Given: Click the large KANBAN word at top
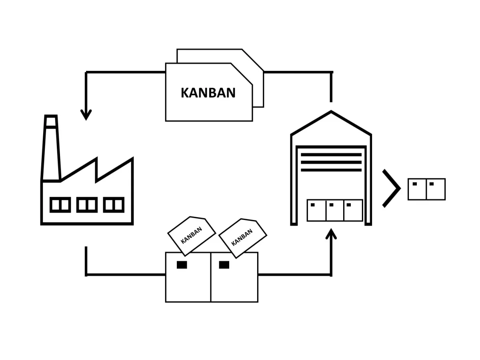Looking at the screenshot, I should click(x=208, y=93).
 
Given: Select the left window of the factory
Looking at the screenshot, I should click(x=60, y=205).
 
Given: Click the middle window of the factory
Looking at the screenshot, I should click(x=87, y=205).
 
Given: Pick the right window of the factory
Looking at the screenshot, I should click(x=114, y=205).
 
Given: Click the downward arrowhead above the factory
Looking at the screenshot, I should click(x=86, y=114).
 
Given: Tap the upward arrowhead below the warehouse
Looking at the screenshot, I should click(x=331, y=234).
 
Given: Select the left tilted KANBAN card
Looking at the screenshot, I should click(x=191, y=236).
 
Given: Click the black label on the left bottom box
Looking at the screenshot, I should click(x=182, y=265).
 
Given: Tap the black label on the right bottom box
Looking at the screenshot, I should click(x=224, y=265).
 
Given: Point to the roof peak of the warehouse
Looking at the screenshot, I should click(x=331, y=113).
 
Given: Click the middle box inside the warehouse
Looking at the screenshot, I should click(x=335, y=210).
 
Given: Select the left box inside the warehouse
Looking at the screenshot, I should click(x=316, y=210).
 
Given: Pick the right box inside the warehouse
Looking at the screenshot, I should click(x=353, y=210).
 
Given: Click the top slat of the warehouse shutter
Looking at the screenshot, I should click(x=331, y=154).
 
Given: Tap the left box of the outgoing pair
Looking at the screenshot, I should click(x=417, y=189).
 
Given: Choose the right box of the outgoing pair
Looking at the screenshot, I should click(x=436, y=189).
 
